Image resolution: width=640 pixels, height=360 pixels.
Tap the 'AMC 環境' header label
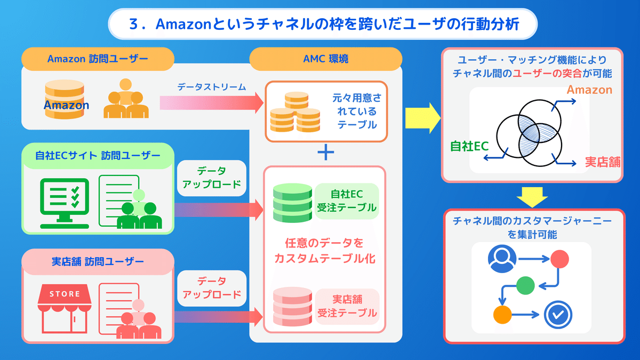pos(325,59)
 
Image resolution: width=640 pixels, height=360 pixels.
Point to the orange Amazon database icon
pos(65,99)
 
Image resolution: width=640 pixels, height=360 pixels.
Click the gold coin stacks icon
pos(294,113)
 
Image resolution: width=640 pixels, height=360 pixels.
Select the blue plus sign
pos(325,153)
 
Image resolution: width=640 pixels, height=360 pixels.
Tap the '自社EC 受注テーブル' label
pos(346,201)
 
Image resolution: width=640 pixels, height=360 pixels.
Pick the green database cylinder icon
pos(292,203)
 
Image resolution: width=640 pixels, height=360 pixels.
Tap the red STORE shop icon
pos(65,309)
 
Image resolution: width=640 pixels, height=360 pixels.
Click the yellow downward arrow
pos(533,196)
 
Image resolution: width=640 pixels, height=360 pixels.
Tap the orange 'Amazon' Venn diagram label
pos(589,90)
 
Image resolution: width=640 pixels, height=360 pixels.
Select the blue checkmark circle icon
pos(557,314)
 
